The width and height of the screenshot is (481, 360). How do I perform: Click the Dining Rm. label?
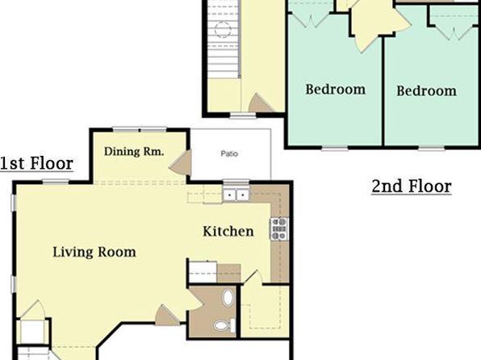point(134,151)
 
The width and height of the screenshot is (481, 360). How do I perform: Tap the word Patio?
point(230,152)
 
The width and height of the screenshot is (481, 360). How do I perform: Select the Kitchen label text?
point(228,232)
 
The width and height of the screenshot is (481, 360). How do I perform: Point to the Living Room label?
point(94,252)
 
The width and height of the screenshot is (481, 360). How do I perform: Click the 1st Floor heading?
point(36,164)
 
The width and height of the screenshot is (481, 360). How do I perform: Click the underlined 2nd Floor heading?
point(411,186)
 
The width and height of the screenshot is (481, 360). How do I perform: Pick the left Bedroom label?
point(335,90)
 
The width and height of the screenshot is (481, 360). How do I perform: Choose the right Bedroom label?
point(426,91)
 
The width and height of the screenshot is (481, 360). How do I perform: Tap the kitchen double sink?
point(236,195)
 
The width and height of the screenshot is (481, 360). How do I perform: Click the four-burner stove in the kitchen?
point(279,229)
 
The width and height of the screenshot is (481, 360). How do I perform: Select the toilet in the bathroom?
point(223,325)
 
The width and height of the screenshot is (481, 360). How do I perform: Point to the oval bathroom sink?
point(227,297)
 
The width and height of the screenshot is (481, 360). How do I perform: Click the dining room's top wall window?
point(139,128)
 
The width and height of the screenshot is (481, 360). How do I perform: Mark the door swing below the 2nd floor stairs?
point(261,103)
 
